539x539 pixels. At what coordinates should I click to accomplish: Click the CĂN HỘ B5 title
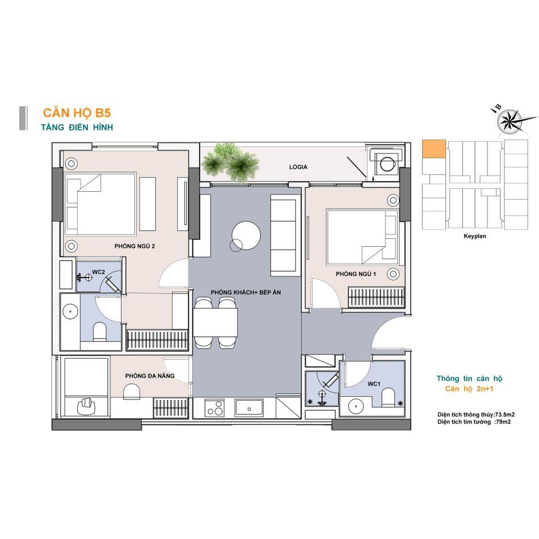tap(77, 113)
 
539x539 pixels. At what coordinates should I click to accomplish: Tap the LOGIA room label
tap(298, 167)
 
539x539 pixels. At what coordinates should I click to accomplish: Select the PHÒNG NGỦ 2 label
tap(134, 246)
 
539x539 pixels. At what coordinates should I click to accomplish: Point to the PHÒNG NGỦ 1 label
tap(356, 274)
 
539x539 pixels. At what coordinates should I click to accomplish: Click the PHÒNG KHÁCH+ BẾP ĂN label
tap(246, 293)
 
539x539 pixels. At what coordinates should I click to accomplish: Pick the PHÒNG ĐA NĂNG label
tap(150, 376)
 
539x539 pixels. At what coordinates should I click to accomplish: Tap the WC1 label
tap(374, 384)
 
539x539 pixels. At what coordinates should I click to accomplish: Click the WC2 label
tap(98, 272)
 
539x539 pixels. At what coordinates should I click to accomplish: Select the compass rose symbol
tap(510, 121)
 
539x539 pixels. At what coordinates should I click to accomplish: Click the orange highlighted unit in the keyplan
tap(434, 149)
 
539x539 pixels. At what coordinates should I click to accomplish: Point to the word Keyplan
tap(475, 236)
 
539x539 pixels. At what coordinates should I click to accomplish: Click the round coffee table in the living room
tap(246, 235)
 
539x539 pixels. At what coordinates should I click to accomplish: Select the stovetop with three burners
tap(214, 408)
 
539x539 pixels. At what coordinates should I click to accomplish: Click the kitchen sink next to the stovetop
tap(249, 408)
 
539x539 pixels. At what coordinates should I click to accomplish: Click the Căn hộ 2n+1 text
tap(469, 389)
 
